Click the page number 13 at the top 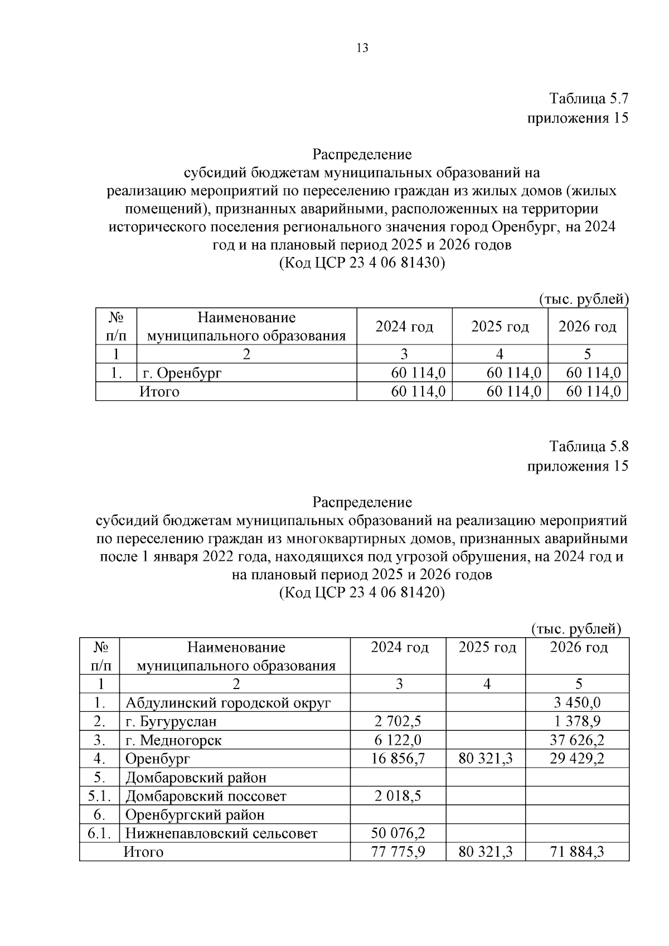pyautogui.click(x=362, y=48)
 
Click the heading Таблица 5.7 pyautogui.click(x=589, y=99)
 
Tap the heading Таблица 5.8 pyautogui.click(x=589, y=447)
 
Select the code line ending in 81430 pyautogui.click(x=362, y=263)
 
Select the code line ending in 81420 pyautogui.click(x=362, y=593)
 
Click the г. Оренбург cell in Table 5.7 pyautogui.click(x=182, y=373)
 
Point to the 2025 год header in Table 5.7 pyautogui.click(x=500, y=327)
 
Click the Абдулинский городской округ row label pyautogui.click(x=228, y=703)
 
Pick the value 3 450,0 pyautogui.click(x=578, y=703)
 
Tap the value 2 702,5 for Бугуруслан pyautogui.click(x=397, y=721)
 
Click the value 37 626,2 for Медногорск pyautogui.click(x=578, y=740)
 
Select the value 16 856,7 pyautogui.click(x=397, y=759)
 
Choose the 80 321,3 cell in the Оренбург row pyautogui.click(x=485, y=759)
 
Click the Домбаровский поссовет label pyautogui.click(x=206, y=796)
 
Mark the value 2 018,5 pyautogui.click(x=397, y=796)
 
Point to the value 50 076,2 pyautogui.click(x=397, y=833)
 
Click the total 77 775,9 pyautogui.click(x=397, y=852)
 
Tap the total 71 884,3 pyautogui.click(x=578, y=852)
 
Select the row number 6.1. pyautogui.click(x=100, y=833)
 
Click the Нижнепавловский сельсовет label pyautogui.click(x=221, y=833)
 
